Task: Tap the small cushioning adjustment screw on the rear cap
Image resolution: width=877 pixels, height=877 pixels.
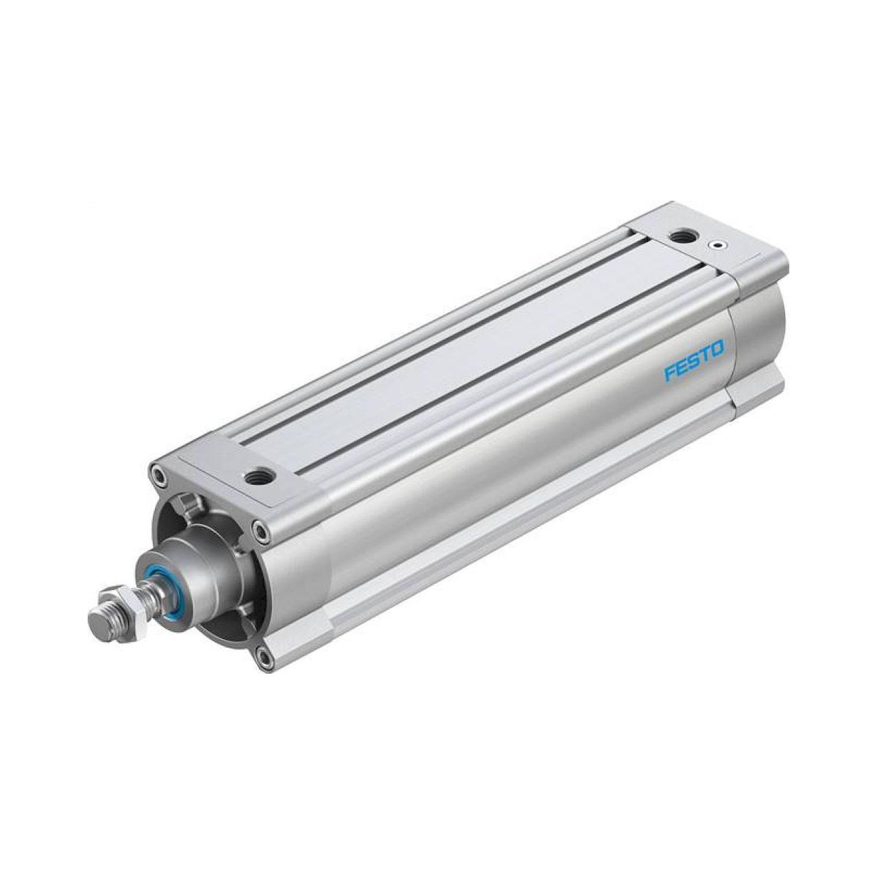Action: click(717, 246)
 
